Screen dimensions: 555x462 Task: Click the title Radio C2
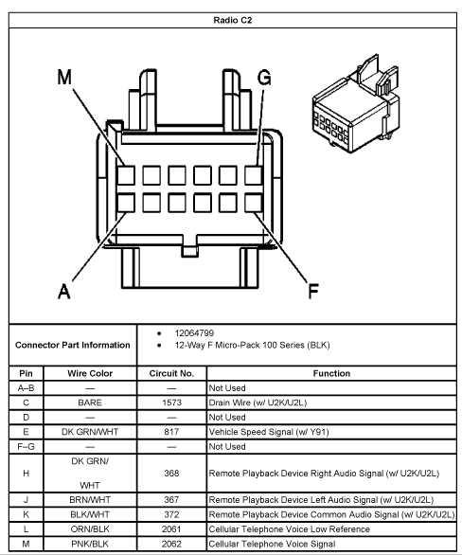pos(232,18)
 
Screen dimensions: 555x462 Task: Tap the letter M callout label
pos(64,80)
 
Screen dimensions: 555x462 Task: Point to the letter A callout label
pos(63,291)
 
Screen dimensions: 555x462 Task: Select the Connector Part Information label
pos(73,345)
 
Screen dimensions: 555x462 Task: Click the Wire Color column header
pos(90,374)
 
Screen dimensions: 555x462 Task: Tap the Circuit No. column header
pos(171,374)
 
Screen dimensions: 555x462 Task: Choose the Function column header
pos(331,374)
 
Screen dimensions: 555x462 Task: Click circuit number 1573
pos(171,403)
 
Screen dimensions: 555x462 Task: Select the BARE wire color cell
pos(90,403)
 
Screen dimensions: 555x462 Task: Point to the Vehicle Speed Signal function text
pos(268,431)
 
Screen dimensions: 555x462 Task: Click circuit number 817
pos(171,431)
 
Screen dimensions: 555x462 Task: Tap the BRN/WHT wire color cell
pos(90,499)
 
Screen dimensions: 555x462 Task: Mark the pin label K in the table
pos(26,513)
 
